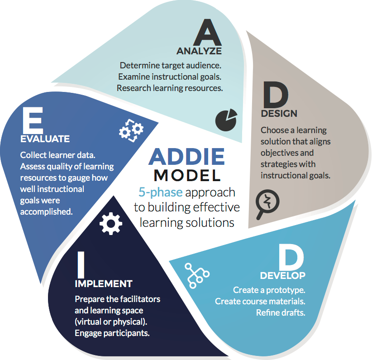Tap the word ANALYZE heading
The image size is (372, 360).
point(199,50)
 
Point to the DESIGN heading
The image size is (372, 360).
point(279,113)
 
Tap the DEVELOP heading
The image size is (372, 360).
point(282,275)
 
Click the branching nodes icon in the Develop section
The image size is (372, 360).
point(196,274)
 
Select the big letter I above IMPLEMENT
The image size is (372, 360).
point(80,264)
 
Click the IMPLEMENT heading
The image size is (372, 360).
point(103,284)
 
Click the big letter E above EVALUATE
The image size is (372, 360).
point(33,119)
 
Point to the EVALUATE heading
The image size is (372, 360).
point(45,139)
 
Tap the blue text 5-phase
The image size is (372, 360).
point(160,192)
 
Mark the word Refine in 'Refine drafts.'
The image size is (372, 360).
point(267,312)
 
